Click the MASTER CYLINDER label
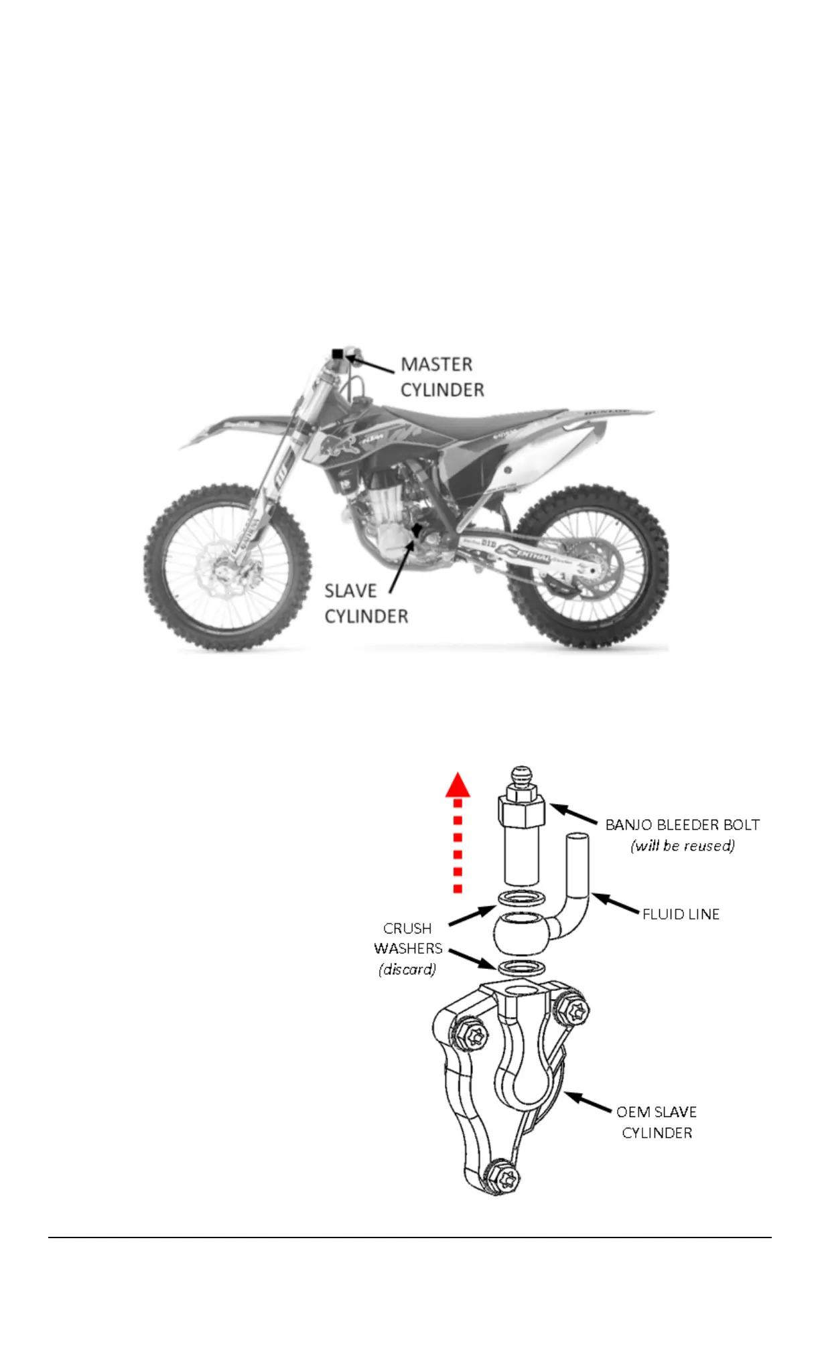(442, 377)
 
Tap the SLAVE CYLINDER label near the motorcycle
(366, 603)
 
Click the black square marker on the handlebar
(338, 354)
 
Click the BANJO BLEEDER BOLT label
(682, 824)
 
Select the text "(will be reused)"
(682, 846)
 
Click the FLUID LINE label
(681, 914)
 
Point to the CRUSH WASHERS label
(407, 938)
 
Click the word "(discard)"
(407, 969)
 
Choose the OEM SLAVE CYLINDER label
(657, 1122)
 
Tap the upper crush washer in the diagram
(522, 898)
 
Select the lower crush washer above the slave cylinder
(522, 967)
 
